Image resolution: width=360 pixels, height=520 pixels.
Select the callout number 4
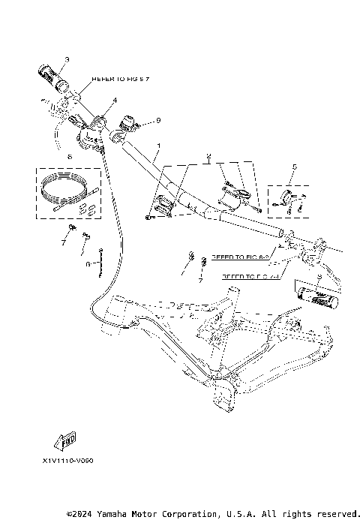[115, 100]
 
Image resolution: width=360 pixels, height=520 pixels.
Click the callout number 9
[159, 119]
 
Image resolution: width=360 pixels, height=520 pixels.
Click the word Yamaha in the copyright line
[115, 514]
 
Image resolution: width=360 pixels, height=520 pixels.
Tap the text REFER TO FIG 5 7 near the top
[115, 78]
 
